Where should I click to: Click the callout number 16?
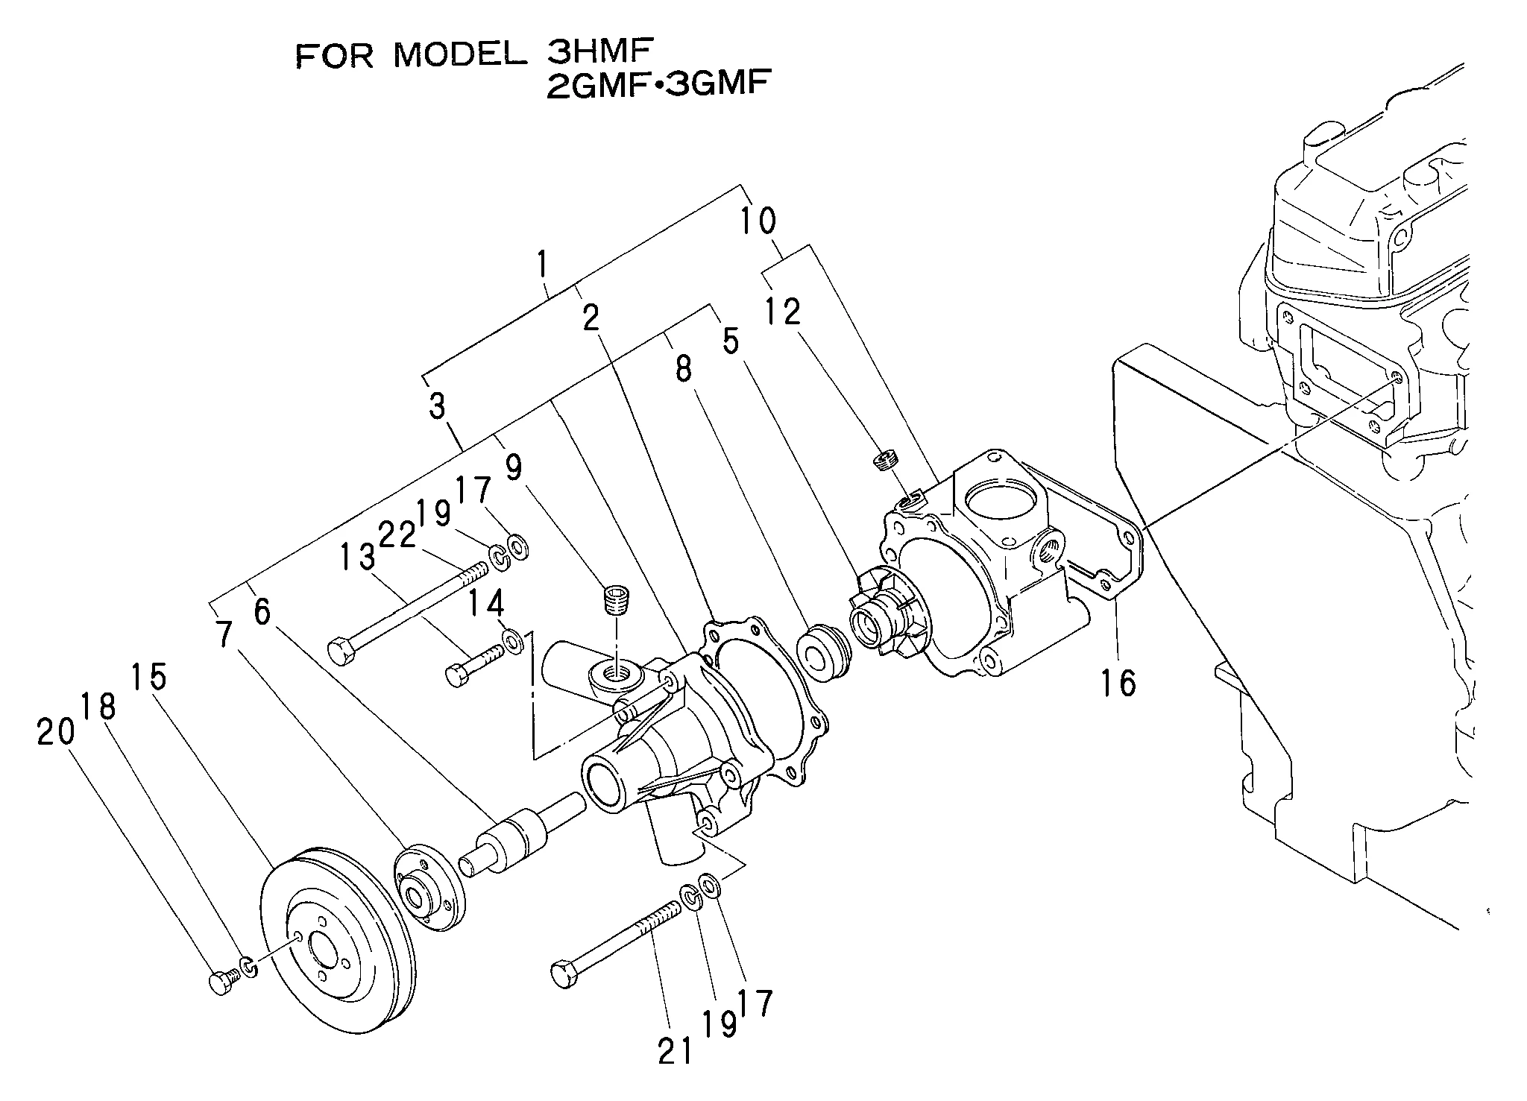pos(1119,682)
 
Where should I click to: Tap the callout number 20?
pos(56,732)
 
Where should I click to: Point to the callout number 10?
pos(758,221)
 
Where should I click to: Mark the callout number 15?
pos(148,676)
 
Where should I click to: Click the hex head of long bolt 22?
pos(342,651)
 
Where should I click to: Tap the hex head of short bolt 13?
pos(456,676)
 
